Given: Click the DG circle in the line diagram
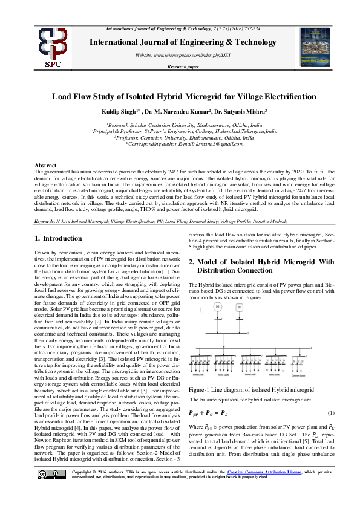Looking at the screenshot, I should tap(217, 309).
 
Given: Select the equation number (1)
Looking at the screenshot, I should tap(331, 413).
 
